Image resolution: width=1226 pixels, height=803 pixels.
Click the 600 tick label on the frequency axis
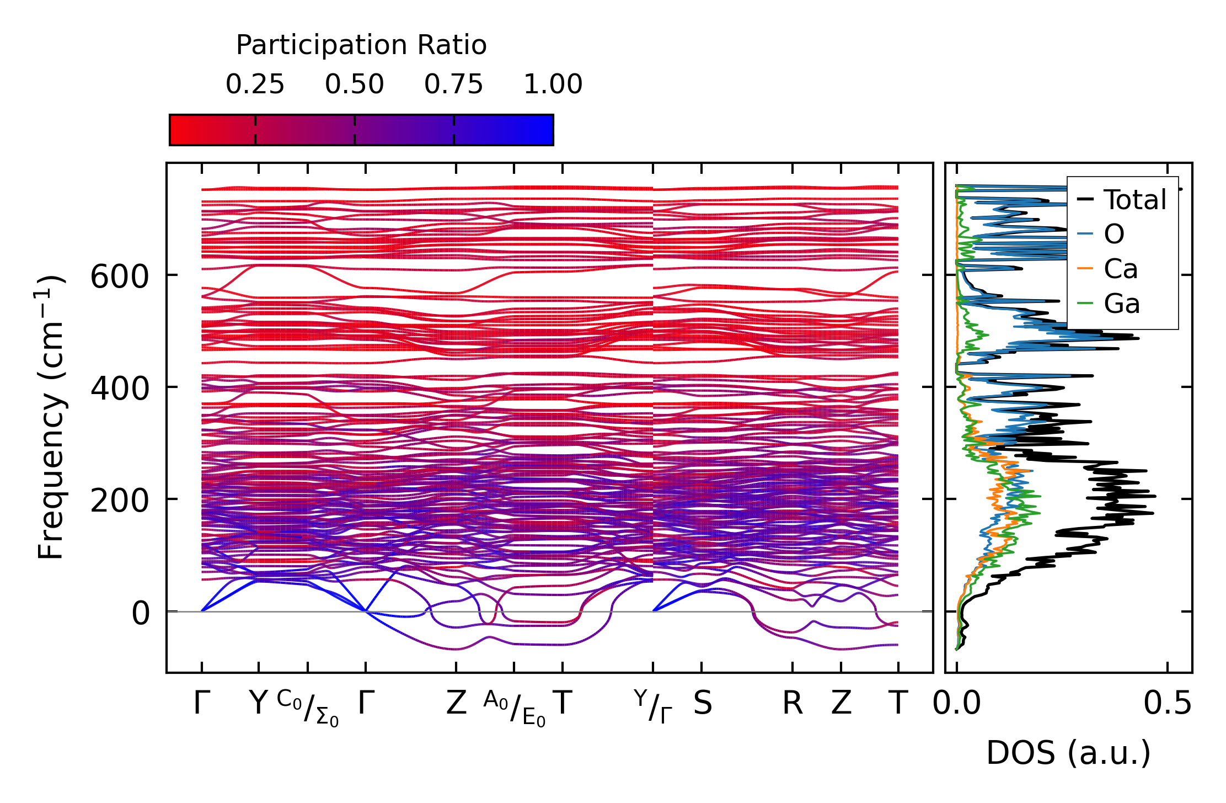(119, 276)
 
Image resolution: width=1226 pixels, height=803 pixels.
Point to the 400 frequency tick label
(119, 388)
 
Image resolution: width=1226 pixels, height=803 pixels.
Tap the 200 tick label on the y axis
(119, 501)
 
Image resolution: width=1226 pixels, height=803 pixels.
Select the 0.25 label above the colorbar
(255, 84)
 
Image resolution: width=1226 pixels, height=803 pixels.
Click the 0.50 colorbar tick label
(354, 84)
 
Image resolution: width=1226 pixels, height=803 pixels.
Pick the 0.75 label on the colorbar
(453, 84)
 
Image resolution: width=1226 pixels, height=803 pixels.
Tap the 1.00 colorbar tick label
(553, 84)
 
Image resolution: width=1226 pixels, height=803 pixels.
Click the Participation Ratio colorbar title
(361, 45)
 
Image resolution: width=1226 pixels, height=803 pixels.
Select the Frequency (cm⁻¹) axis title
(51, 417)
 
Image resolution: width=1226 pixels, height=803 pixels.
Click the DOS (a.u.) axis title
(1068, 753)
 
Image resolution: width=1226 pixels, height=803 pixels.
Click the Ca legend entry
(1120, 269)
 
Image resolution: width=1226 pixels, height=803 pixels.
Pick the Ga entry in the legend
(1121, 304)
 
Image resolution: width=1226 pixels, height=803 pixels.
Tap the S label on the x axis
(702, 703)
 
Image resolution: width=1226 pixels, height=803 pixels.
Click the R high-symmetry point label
(793, 703)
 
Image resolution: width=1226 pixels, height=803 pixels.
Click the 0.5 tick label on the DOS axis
(1167, 703)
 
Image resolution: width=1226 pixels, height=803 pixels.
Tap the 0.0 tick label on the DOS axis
(957, 703)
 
